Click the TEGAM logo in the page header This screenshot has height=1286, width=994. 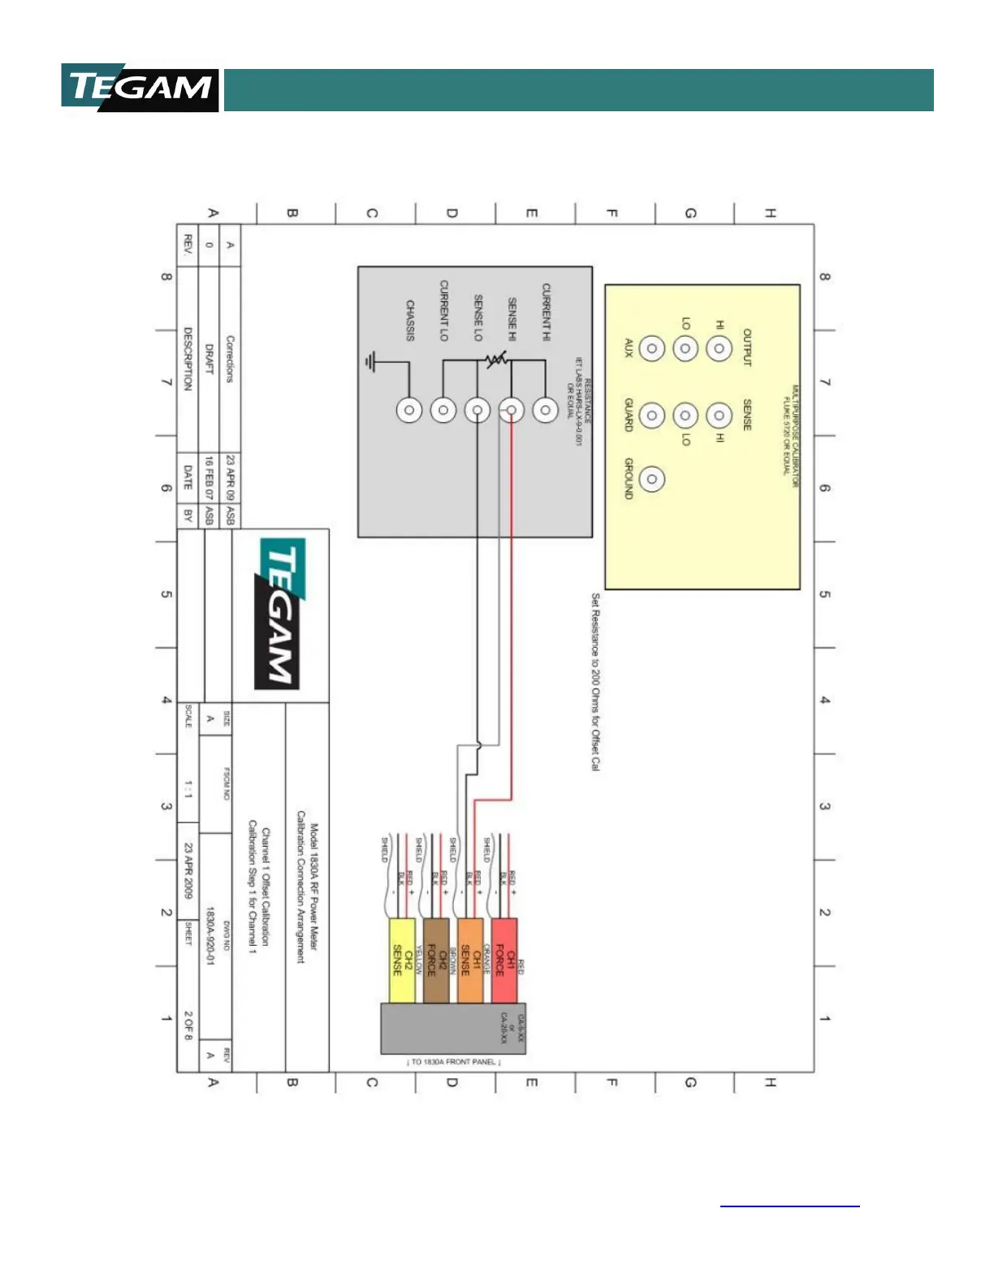(140, 88)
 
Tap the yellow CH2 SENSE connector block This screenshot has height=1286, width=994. (402, 960)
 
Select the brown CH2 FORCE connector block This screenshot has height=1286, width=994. (436, 960)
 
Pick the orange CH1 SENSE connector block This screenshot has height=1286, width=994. (470, 960)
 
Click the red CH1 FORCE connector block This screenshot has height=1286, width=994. (504, 960)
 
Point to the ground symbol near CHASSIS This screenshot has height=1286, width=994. (371, 361)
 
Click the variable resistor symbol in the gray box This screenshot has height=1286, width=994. (496, 359)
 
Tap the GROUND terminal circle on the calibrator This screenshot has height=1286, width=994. (651, 479)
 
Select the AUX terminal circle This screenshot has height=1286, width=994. (651, 348)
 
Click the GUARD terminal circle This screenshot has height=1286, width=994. (651, 416)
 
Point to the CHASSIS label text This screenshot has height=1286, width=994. (410, 321)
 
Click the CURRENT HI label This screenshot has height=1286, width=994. (547, 312)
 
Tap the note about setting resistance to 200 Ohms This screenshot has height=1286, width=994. (595, 681)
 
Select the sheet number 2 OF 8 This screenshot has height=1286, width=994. (188, 1025)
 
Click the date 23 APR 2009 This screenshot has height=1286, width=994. (188, 870)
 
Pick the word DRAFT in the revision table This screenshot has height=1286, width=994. (209, 358)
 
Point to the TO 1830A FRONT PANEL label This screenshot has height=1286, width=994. (454, 1062)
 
